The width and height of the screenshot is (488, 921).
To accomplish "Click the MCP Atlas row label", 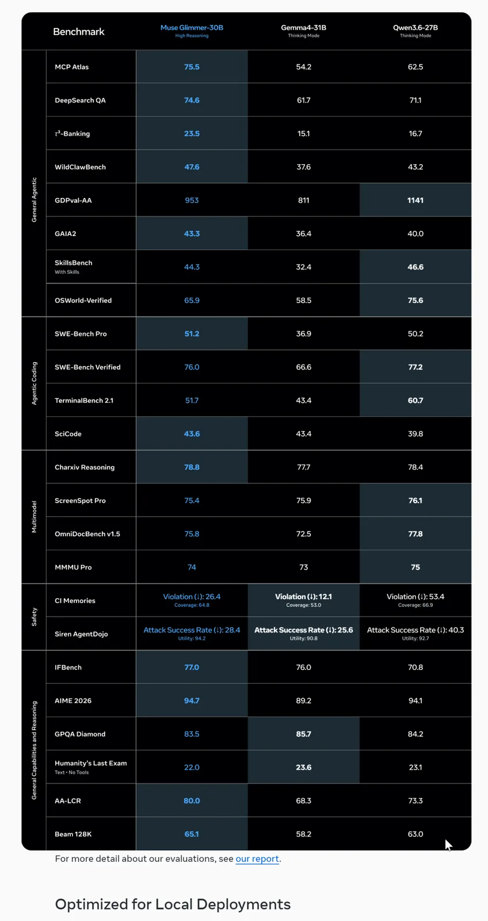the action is pos(71,67).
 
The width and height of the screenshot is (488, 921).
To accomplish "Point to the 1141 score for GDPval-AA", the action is pos(415,200).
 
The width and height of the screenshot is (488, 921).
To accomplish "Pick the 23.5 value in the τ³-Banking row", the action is pos(192,134).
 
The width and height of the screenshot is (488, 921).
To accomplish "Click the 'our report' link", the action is pos(257,858).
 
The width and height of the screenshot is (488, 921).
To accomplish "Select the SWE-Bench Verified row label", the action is pos(87,367).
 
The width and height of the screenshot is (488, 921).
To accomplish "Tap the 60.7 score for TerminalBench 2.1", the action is pos(415,401).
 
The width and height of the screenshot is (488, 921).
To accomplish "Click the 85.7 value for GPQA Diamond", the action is pos(303,734).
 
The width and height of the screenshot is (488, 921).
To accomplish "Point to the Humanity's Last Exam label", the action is pos(91,763).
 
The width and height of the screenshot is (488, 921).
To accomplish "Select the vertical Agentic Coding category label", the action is pos(34,383).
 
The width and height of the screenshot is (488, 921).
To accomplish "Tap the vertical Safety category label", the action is pos(34,616).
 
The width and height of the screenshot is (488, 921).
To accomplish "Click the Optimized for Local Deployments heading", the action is pos(173,904).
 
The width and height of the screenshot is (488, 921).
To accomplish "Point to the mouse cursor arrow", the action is pos(448,845).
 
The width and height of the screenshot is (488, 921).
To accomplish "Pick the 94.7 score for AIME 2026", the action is pos(192,701).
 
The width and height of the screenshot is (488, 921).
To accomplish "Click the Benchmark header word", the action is pos(78,32).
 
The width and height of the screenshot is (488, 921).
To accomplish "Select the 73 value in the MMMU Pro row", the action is pos(303,568).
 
